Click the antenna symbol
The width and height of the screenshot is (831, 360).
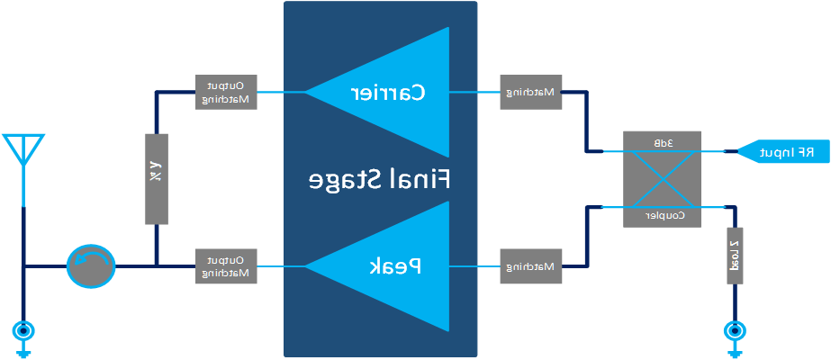[23, 153]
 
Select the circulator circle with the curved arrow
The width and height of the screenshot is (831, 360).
[91, 266]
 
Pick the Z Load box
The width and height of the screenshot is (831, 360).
[735, 255]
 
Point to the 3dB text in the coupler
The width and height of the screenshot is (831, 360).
[663, 143]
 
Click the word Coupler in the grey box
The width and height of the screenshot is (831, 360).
[664, 215]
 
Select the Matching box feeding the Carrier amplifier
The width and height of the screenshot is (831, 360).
[531, 92]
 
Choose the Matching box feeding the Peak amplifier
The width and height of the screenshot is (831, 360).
[531, 266]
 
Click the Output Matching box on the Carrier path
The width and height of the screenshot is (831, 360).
[226, 92]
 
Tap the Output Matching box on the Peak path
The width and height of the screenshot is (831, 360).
[226, 266]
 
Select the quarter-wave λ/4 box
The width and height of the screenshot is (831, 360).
[156, 179]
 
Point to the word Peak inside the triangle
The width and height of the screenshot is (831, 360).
[396, 266]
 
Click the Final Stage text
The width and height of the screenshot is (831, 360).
[379, 179]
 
